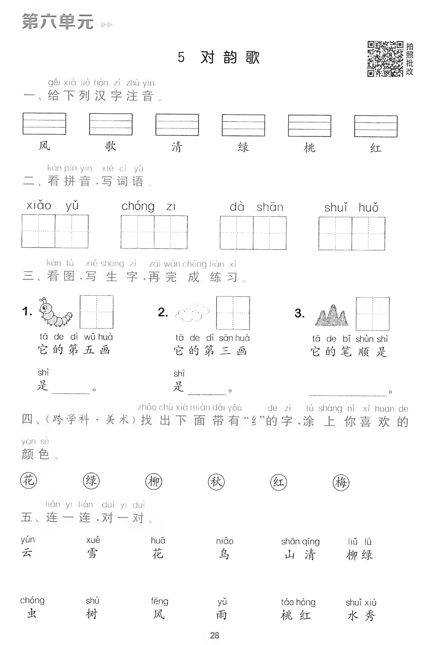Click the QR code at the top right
point(385,59)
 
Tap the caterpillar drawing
point(55,312)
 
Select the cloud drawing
point(192,312)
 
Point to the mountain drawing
point(332,315)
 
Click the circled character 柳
point(154,481)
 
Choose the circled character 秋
point(216,482)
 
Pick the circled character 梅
point(341,483)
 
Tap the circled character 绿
point(91,481)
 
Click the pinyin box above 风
point(44,124)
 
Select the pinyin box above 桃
point(310,126)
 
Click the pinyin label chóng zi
point(148,206)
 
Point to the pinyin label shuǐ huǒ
point(351,208)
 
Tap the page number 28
point(214,635)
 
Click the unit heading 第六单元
point(58,21)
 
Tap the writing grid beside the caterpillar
point(97,312)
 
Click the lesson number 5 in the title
point(181,57)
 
